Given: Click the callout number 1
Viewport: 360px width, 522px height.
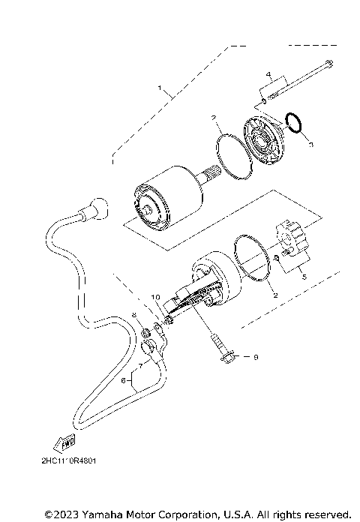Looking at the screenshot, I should (159, 88).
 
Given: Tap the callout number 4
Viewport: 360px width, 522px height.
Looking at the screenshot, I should (267, 74).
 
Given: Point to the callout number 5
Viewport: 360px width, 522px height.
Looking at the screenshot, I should (304, 276).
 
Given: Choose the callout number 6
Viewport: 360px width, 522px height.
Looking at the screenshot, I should (123, 381).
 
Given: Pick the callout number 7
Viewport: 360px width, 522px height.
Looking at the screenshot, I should (139, 367).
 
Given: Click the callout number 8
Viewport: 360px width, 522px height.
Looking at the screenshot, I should (134, 315).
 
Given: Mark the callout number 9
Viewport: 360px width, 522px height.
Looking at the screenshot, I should (255, 358).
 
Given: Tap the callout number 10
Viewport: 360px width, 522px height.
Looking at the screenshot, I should (155, 298).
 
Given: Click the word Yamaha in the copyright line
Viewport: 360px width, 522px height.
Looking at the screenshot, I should (94, 514).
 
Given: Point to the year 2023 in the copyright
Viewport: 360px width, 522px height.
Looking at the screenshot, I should (62, 514).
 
